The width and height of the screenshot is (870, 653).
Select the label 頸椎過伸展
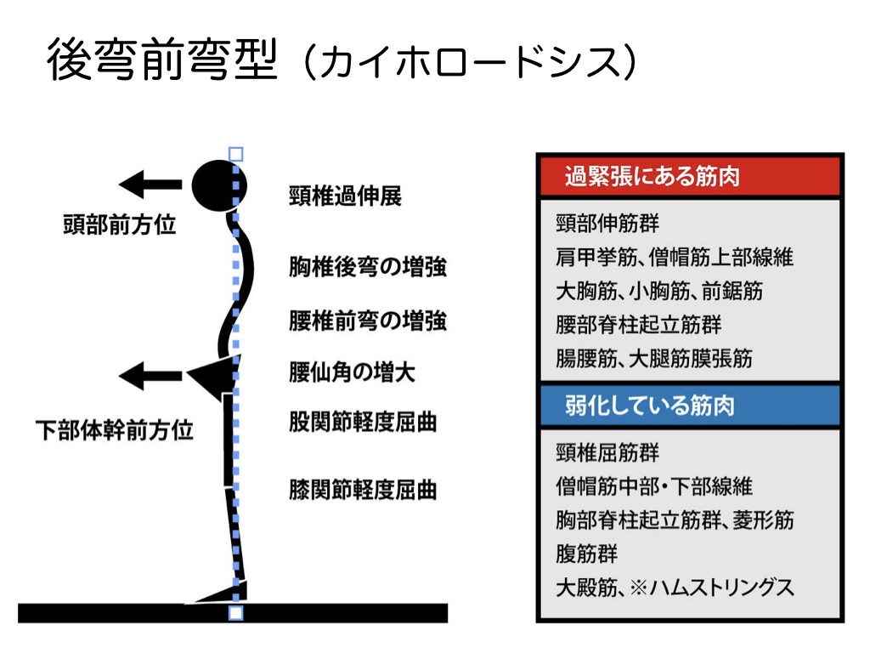point(345,196)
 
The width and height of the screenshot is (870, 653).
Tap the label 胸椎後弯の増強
point(368,267)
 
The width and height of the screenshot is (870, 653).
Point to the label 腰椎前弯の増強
point(368,321)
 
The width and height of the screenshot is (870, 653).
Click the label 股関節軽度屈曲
point(363,421)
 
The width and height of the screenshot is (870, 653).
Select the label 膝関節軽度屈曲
point(363,491)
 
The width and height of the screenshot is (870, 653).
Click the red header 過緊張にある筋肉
point(652,176)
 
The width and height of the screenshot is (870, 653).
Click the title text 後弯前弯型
point(161,60)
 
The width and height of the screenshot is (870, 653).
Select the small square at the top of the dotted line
point(236,154)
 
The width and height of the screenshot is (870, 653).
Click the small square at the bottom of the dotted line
point(236,612)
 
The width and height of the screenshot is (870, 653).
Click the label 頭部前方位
point(120,225)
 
